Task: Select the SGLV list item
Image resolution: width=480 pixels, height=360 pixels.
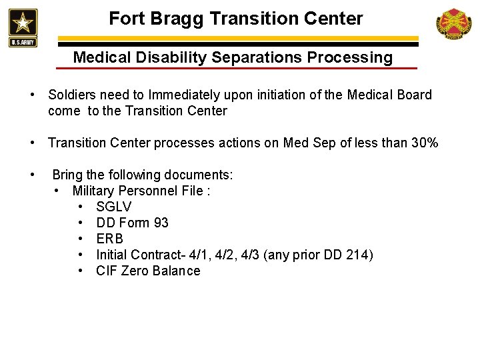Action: [x=114, y=207]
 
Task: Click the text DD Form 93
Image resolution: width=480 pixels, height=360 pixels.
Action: [x=132, y=223]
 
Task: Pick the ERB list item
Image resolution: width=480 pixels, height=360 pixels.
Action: [x=110, y=239]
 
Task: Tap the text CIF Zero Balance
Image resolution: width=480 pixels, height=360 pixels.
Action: [x=148, y=271]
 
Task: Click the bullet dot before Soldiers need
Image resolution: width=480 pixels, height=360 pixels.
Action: [x=33, y=95]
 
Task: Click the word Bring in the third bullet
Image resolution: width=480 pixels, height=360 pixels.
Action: [x=67, y=175]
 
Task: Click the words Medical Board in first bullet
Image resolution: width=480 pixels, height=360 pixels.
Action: [x=393, y=95]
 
